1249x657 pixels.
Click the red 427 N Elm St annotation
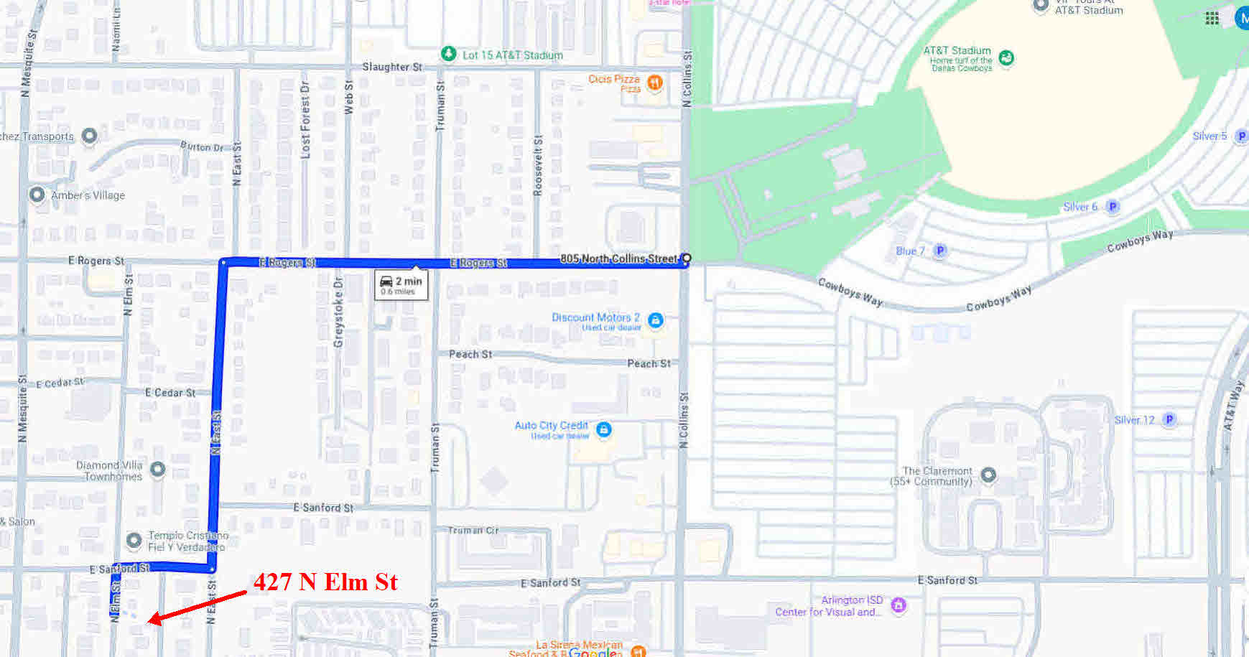(325, 582)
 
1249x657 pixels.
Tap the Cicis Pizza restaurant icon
(654, 83)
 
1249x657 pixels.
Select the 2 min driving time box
(401, 284)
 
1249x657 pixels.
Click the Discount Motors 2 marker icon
(655, 320)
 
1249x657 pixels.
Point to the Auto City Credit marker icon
(604, 429)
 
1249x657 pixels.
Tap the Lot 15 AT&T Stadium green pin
(448, 54)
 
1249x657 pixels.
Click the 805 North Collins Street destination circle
(686, 258)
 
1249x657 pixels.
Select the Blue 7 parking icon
(939, 251)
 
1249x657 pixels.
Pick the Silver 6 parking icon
(1113, 207)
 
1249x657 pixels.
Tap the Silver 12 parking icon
(1169, 419)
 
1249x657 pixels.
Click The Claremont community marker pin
(988, 474)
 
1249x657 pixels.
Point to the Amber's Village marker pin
(37, 195)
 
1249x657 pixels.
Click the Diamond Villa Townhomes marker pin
(157, 469)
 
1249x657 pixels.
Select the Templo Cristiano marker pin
(134, 539)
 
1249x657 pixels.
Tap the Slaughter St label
(391, 67)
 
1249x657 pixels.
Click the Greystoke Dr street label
(338, 313)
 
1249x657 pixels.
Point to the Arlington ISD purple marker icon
(898, 605)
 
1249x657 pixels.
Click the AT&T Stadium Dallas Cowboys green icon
(1006, 58)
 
